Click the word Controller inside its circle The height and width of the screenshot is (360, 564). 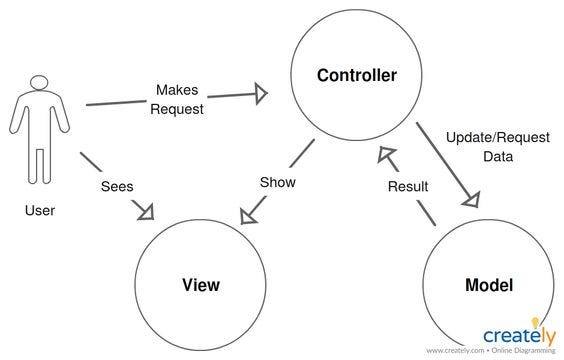pos(357,76)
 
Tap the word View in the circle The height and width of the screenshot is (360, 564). pos(201,285)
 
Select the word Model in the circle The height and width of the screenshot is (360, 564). pos(489,285)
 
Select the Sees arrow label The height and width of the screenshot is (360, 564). pos(118,186)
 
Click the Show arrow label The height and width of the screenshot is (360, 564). pos(277,183)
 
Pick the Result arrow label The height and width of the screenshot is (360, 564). pos(408,186)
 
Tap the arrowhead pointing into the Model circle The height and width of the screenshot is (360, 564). pos(470,199)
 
